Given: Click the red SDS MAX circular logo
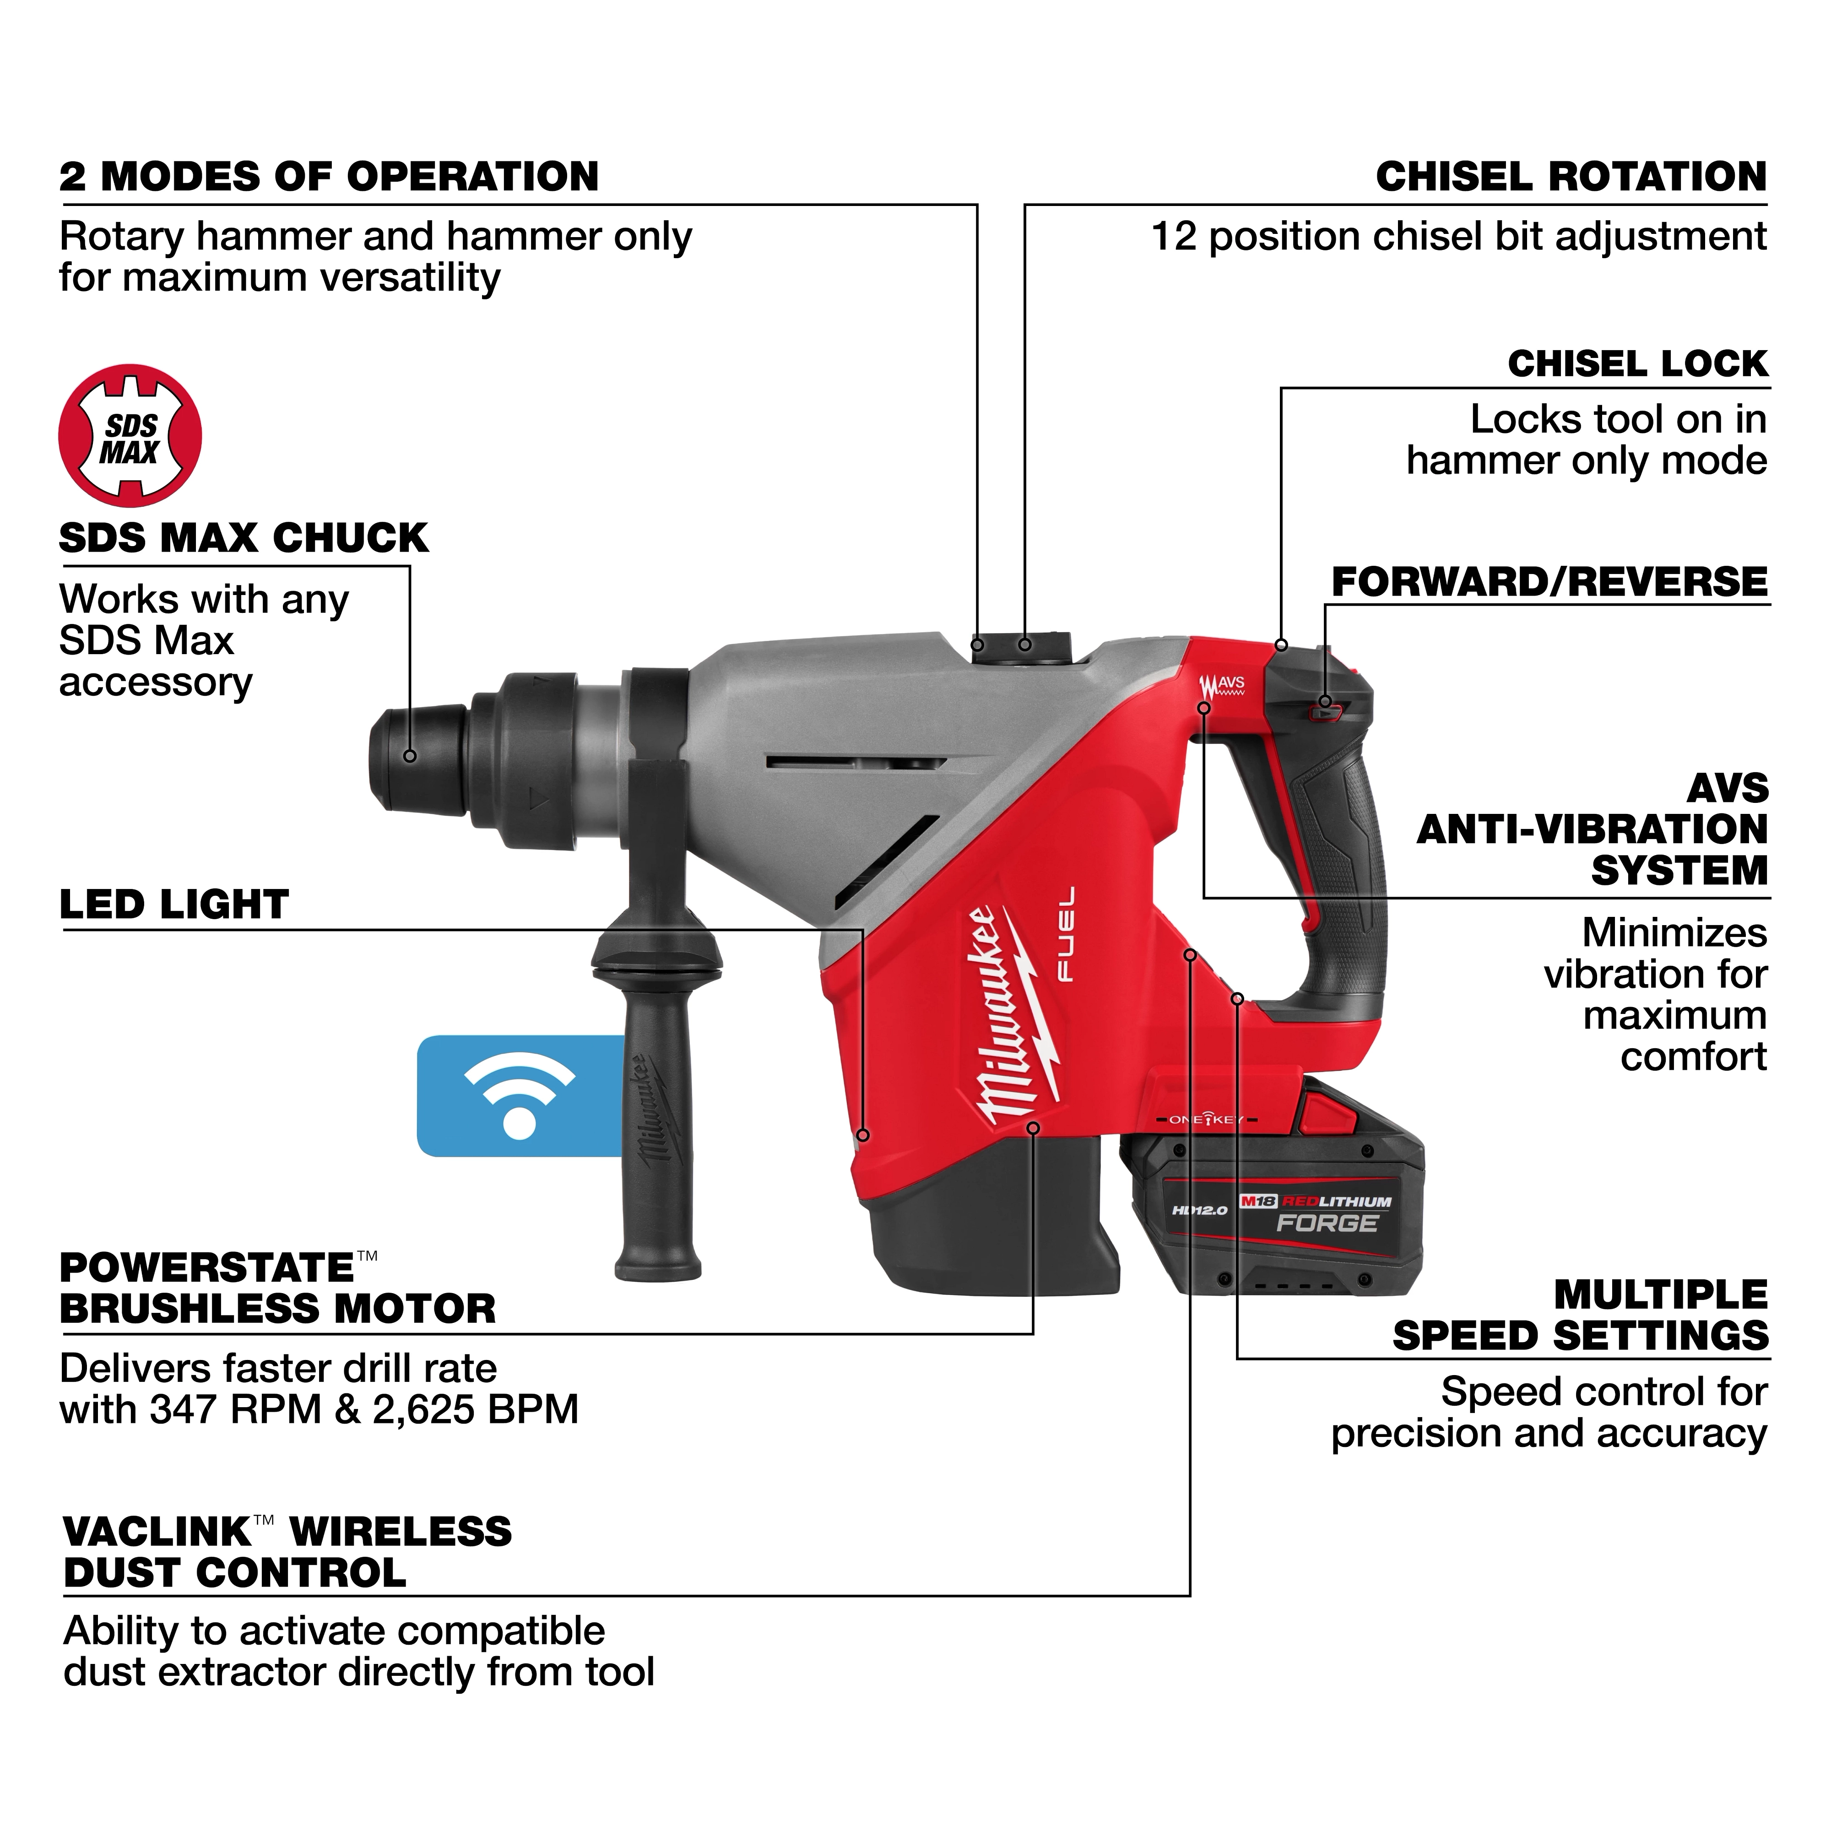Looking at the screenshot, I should pyautogui.click(x=130, y=436).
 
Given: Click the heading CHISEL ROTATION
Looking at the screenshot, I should pyautogui.click(x=1571, y=177).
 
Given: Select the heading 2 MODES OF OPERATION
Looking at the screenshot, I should pyautogui.click(x=329, y=177).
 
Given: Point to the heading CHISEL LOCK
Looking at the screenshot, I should pyautogui.click(x=1638, y=364).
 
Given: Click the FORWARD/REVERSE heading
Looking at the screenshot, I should pyautogui.click(x=1549, y=582).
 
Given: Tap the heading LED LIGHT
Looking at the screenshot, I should pyautogui.click(x=173, y=905).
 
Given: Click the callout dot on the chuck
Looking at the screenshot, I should pyautogui.click(x=410, y=755).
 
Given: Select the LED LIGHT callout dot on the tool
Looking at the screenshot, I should pyautogui.click(x=862, y=1134).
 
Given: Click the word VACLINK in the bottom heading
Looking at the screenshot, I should pyautogui.click(x=157, y=1533).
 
